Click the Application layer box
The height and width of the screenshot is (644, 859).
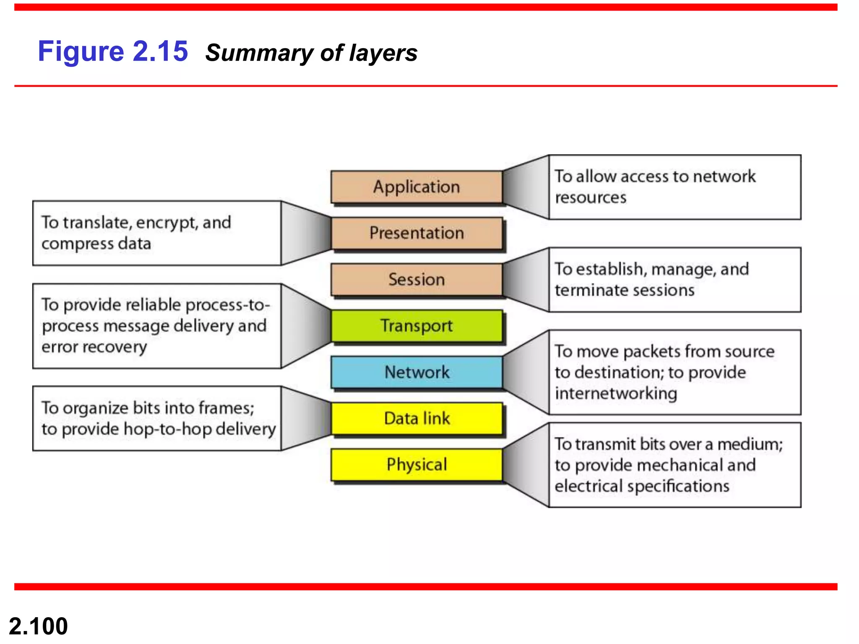pyautogui.click(x=416, y=187)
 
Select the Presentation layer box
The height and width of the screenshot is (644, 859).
pyautogui.click(x=416, y=233)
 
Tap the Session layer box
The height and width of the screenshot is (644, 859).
pyautogui.click(x=416, y=280)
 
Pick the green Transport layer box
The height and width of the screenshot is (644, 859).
pyautogui.click(x=416, y=326)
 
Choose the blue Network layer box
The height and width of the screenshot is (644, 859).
pyautogui.click(x=416, y=372)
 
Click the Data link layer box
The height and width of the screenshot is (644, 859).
pyautogui.click(x=416, y=418)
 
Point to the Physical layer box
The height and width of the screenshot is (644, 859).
pyautogui.click(x=416, y=465)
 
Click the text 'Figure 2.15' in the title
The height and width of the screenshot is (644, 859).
pyautogui.click(x=113, y=52)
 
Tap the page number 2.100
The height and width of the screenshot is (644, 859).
pyautogui.click(x=38, y=626)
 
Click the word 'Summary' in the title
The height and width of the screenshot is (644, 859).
pyautogui.click(x=259, y=53)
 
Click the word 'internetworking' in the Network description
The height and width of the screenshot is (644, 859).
pyautogui.click(x=616, y=394)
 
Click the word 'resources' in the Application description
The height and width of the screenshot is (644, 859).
pyautogui.click(x=591, y=197)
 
